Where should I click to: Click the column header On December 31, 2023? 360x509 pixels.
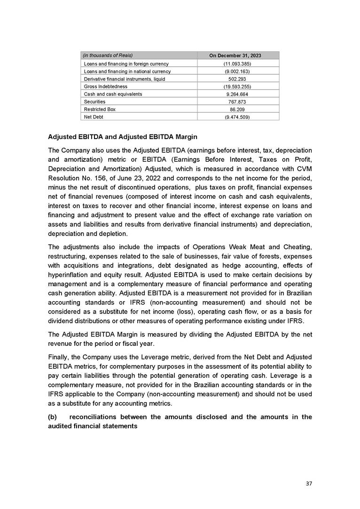coord(235,56)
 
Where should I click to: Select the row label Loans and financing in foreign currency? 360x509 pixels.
coord(126,63)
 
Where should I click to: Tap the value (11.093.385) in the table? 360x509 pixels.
coord(235,63)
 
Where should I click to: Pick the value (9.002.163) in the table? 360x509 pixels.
coord(235,71)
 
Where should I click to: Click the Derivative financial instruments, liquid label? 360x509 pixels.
coord(124,79)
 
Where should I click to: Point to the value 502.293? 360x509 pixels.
coord(235,79)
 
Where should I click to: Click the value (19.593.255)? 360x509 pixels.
coord(235,86)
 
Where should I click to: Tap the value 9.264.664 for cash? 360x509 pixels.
coord(235,94)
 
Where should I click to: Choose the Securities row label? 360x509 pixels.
coord(94,102)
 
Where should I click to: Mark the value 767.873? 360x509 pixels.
coord(235,102)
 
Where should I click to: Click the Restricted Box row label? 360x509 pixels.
coord(99,109)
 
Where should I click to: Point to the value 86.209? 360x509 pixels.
coord(235,109)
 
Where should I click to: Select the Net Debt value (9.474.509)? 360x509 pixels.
coord(235,117)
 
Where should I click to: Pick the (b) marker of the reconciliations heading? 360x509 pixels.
coord(53,417)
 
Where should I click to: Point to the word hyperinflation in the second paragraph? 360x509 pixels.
coord(70,274)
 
